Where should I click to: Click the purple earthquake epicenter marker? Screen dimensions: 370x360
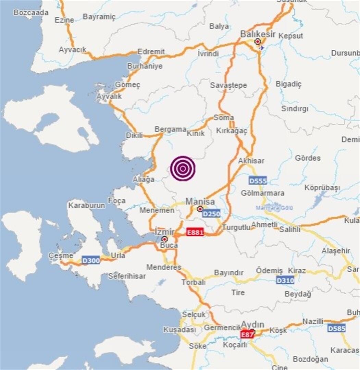[x=183, y=168]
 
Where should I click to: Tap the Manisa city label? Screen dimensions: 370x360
[x=200, y=201]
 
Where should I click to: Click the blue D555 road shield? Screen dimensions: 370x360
[x=258, y=181]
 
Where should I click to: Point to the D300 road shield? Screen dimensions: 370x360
[x=91, y=261]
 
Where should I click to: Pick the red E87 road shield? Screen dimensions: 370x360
[x=247, y=334]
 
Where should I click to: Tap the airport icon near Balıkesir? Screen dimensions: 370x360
[x=262, y=48]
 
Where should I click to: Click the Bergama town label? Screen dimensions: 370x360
[x=170, y=129]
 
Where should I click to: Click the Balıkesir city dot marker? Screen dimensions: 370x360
[x=258, y=41]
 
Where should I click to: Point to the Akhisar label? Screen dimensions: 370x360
[x=251, y=161]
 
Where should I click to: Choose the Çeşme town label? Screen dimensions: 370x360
[x=61, y=256]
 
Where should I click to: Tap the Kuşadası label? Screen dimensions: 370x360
[x=179, y=330]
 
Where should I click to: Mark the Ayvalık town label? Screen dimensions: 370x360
[x=109, y=96]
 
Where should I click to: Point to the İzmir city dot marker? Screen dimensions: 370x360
[x=165, y=239]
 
